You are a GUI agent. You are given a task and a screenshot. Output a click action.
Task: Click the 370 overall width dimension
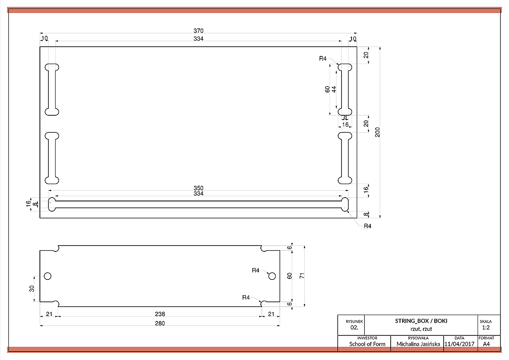(x=199, y=31)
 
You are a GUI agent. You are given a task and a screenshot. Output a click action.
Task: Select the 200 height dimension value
(x=378, y=132)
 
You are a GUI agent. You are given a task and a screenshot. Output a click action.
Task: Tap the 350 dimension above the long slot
(x=199, y=188)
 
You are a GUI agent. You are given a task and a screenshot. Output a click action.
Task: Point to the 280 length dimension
(x=160, y=323)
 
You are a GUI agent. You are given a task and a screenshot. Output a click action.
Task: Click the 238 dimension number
(x=160, y=314)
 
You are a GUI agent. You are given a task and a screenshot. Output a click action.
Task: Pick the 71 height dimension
(x=302, y=276)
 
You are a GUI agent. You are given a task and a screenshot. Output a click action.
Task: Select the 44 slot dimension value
(x=334, y=89)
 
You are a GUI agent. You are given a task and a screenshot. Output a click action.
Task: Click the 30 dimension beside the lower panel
(x=31, y=289)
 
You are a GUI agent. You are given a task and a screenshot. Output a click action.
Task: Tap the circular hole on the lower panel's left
(x=48, y=276)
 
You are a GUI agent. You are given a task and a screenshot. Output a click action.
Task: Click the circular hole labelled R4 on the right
(x=272, y=276)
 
